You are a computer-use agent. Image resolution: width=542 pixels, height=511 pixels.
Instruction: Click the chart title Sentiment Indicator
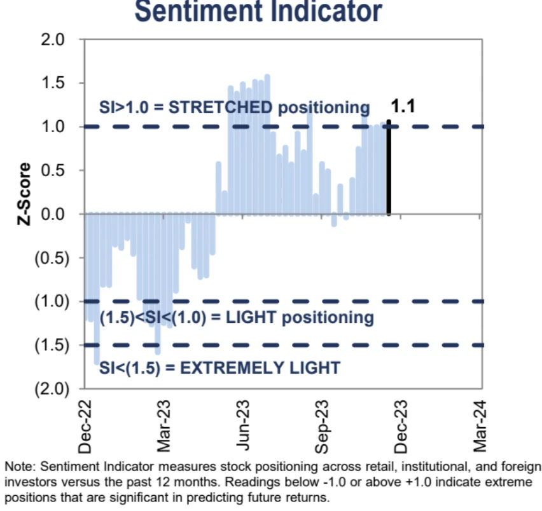tap(259, 11)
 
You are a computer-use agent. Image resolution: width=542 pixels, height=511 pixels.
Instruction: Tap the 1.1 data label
tap(403, 106)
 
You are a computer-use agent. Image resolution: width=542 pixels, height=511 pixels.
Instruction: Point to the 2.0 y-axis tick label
tap(53, 39)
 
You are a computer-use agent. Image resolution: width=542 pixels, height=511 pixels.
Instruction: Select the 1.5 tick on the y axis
tap(53, 83)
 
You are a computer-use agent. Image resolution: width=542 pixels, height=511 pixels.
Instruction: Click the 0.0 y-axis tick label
tap(53, 214)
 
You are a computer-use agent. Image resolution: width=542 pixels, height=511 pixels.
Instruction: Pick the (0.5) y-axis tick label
tap(50, 258)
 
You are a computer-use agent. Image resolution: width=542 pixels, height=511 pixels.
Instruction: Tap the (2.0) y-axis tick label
tap(50, 389)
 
